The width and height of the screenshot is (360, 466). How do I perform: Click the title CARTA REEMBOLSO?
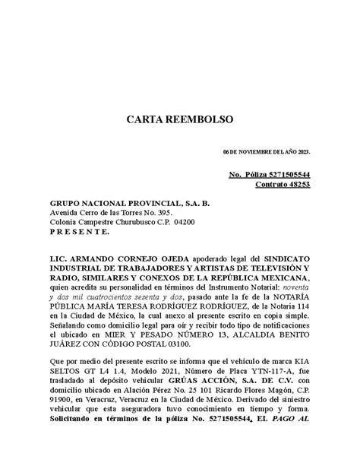pos(180,120)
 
